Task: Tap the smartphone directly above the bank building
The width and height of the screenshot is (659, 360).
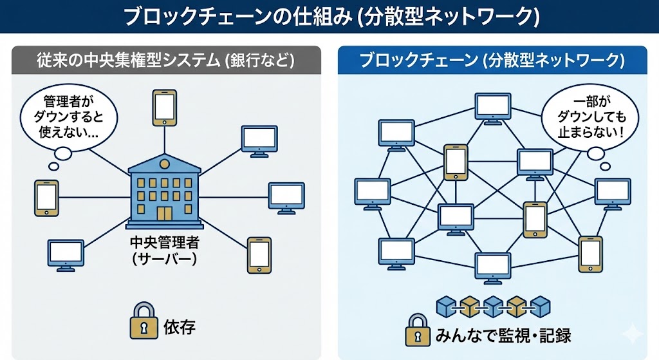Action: pos(164,107)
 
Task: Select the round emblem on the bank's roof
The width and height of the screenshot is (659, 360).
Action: pos(165,159)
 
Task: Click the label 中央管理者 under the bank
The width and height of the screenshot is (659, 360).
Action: pos(165,244)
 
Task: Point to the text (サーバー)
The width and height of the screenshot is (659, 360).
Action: pos(165,260)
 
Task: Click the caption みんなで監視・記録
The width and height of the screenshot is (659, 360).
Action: pos(504,335)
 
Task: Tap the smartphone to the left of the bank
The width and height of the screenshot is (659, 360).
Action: pos(46,197)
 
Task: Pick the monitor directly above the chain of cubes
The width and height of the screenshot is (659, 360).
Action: pos(492,267)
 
